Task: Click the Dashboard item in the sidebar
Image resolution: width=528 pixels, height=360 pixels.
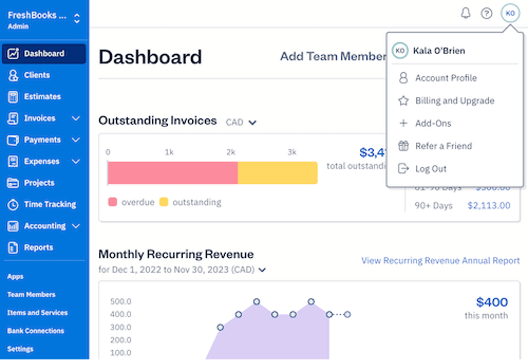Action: coord(44,54)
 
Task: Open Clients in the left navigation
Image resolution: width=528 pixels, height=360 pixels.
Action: coord(37,75)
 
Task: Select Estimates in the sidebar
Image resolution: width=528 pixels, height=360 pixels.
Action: coord(42,96)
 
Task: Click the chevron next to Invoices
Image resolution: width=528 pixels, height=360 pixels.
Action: coord(76,118)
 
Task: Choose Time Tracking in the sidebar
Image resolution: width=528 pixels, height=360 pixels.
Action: coord(50,204)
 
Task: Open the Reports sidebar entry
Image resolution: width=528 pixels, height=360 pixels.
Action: coord(38,247)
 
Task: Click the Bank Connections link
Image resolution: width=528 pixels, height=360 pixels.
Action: coord(36,331)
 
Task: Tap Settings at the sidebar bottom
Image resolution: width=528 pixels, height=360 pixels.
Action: coord(20,349)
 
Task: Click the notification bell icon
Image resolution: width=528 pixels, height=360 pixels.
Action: coord(465,14)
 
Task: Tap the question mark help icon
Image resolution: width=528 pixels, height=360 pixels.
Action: coord(486,14)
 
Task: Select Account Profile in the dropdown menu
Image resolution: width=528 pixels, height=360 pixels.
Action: coord(446,78)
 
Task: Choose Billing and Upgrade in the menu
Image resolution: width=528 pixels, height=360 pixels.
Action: coord(454,100)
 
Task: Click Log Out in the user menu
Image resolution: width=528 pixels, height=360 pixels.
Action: coord(430,169)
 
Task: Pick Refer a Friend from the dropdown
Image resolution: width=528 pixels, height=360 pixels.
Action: coord(443,146)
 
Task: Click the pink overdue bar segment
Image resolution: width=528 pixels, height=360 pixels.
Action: coord(172,173)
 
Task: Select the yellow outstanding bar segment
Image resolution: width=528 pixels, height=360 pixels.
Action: coord(277,173)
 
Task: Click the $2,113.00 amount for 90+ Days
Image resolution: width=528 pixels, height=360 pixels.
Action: coord(489,205)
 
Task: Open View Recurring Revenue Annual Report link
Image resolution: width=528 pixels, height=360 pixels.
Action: coord(441,261)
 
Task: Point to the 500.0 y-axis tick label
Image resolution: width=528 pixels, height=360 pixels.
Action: coord(121,301)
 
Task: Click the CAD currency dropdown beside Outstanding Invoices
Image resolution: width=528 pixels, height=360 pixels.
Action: coord(241,122)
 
